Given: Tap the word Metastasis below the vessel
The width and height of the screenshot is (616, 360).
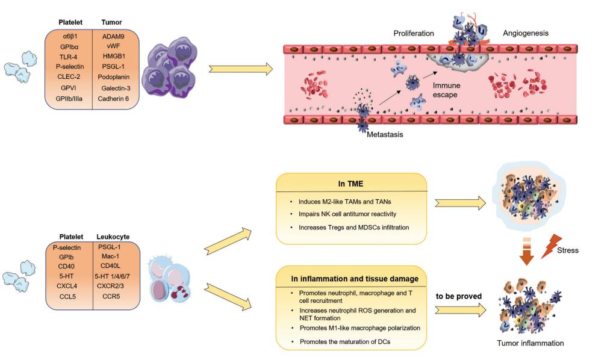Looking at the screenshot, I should [x=385, y=134].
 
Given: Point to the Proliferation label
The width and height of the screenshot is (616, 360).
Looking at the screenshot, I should [x=414, y=33].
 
